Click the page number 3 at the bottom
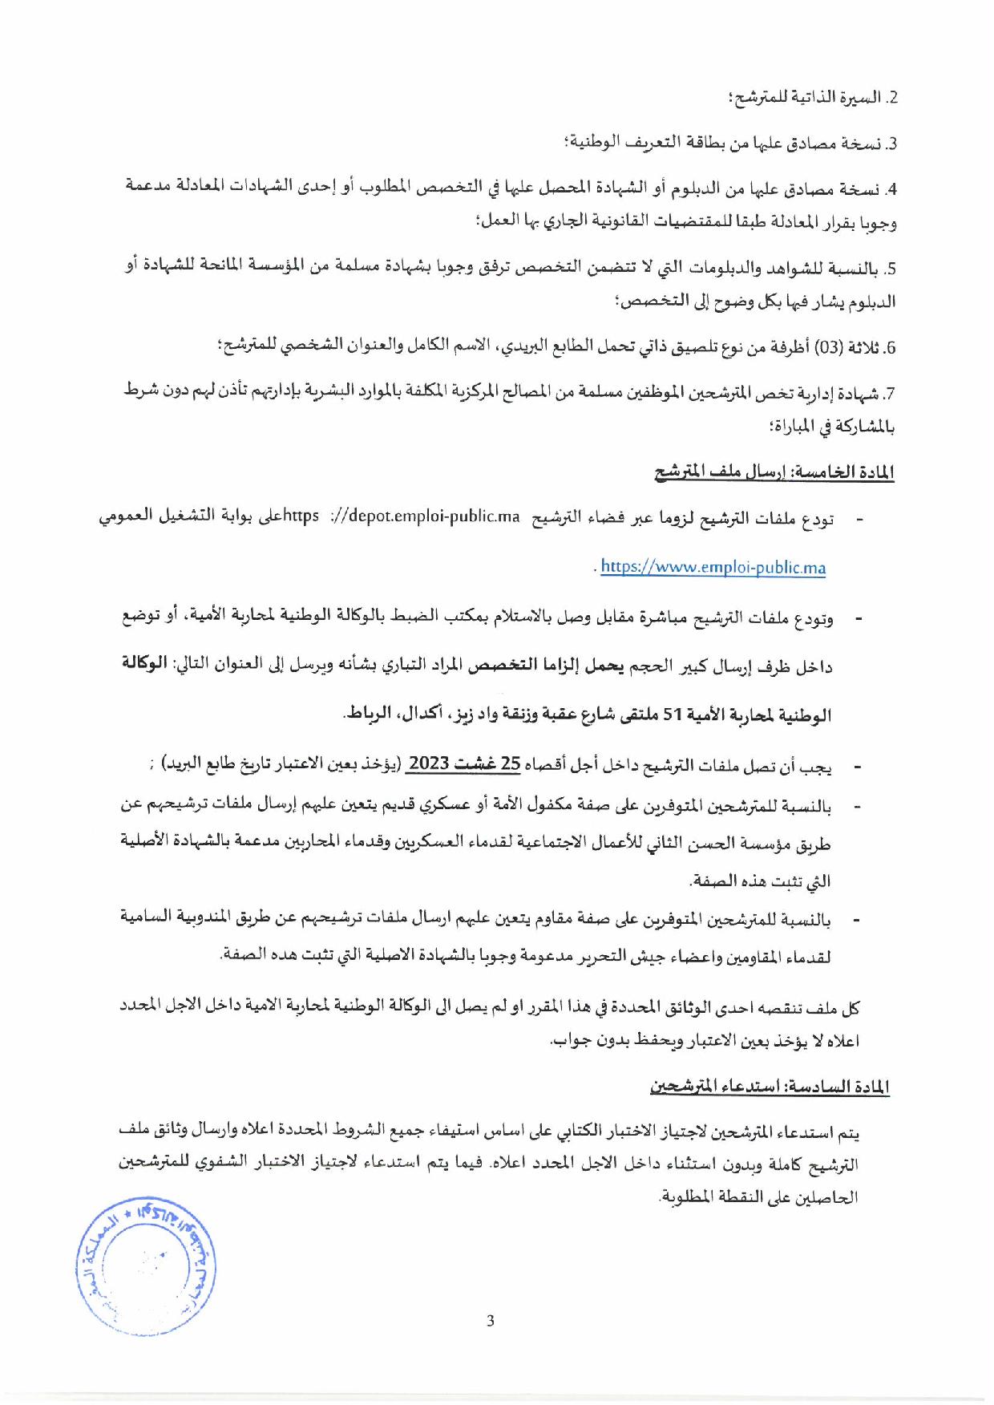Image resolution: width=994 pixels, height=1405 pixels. [491, 1321]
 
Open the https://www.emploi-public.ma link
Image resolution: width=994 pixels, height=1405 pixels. [713, 567]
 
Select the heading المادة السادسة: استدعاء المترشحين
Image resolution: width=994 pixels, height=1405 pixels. [770, 1087]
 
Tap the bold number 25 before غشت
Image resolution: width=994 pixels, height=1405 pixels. [511, 763]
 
